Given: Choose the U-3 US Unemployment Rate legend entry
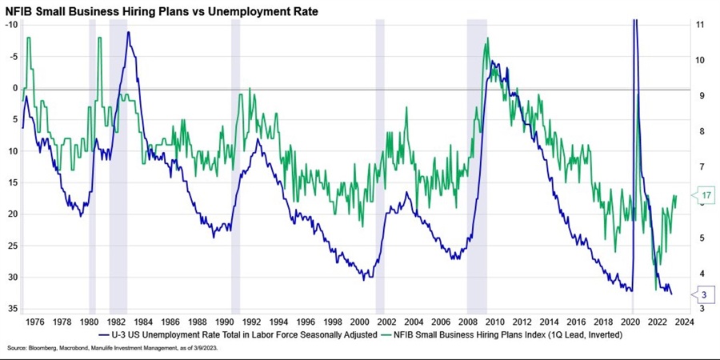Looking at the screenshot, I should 236,336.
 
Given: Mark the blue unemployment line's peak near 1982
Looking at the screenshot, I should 128,33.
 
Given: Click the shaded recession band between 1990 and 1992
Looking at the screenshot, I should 235,160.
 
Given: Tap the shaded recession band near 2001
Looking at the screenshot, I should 380,160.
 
